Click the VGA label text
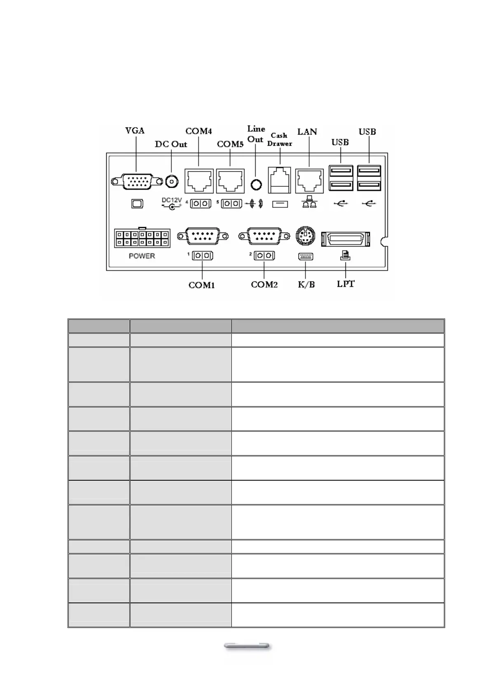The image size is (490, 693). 135,131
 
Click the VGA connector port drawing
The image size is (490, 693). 138,181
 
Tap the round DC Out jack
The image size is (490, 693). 172,181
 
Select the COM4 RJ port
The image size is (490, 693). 199,181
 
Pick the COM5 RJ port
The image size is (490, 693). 230,181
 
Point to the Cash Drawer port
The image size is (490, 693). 280,180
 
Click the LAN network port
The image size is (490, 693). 309,181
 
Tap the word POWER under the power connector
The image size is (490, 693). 142,256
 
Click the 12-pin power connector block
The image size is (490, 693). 142,238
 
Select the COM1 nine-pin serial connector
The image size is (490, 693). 203,236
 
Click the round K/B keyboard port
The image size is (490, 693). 305,236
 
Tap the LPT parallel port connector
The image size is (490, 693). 345,239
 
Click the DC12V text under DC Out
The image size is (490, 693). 171,200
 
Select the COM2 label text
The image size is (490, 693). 264,285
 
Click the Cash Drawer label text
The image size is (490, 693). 279,140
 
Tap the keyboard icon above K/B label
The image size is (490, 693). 305,257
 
